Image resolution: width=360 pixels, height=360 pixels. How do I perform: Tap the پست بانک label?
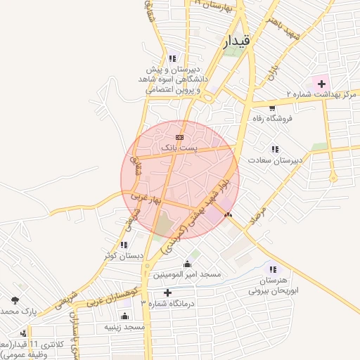pos(179,148)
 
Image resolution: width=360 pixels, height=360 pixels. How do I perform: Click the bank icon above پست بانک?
pos(179,137)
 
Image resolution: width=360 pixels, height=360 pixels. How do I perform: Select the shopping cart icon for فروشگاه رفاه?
pos(272,107)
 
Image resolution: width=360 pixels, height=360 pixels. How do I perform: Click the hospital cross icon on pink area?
pos(321,84)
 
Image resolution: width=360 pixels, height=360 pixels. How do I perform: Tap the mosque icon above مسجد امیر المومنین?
pos(186,264)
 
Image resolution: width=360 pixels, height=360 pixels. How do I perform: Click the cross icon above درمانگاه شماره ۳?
pos(167,292)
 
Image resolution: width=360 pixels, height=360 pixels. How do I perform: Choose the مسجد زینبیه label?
pos(124,327)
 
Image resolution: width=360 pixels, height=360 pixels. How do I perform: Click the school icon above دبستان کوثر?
pos(124,245)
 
